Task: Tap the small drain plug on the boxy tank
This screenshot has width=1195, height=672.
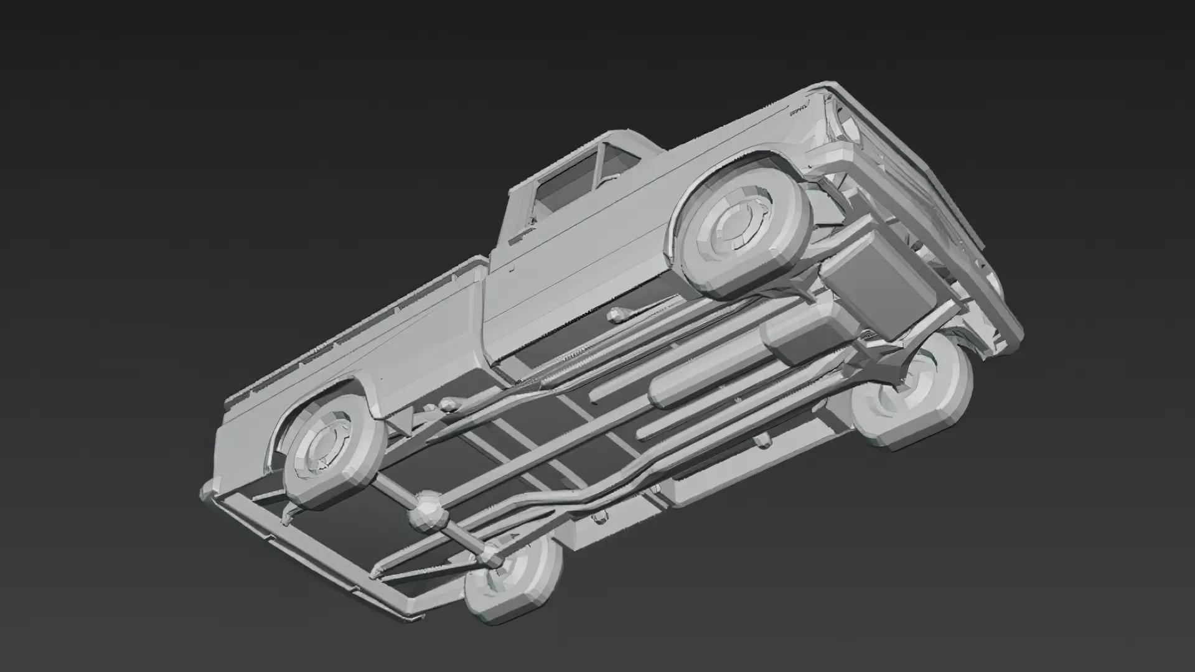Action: [600, 516]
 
